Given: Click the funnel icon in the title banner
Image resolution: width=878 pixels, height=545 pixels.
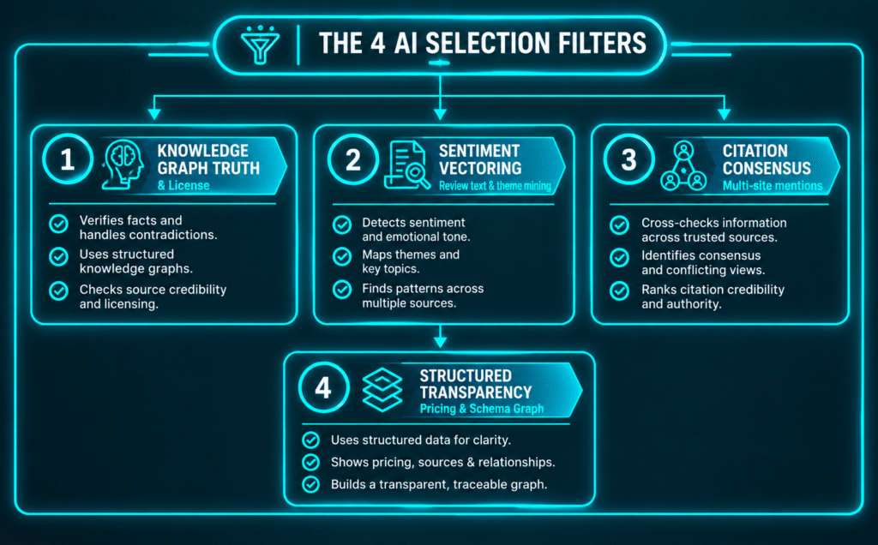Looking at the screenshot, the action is coord(260,44).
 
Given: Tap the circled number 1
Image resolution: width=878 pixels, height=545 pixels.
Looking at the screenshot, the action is coord(68,159).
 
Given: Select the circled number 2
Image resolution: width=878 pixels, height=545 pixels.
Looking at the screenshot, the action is coord(352,159).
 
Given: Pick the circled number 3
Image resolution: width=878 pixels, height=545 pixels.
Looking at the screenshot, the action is coord(628,159).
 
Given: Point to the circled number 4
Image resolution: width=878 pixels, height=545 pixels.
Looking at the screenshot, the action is coord(323,387).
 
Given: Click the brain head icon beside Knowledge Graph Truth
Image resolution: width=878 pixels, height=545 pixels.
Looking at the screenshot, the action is coord(123,165).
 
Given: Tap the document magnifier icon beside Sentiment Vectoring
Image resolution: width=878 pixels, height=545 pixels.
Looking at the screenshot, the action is coord(407,165).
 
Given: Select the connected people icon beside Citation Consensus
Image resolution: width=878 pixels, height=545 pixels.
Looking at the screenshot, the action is coord(683,166).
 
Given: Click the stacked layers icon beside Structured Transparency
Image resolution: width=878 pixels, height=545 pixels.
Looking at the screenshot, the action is coord(382,389).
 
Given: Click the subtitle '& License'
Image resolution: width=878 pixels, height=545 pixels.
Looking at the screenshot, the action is coord(183,185).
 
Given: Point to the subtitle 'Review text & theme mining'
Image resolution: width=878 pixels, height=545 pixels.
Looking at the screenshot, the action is coord(495,186).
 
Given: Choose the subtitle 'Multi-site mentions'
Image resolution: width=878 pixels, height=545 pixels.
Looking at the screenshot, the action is coord(773,186).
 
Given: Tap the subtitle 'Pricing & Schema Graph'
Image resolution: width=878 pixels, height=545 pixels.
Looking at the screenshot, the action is coord(482,409).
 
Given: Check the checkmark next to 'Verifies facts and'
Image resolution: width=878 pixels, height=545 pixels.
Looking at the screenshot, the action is coord(59,224).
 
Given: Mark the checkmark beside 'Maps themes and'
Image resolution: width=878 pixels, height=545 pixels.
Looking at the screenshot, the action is coord(342,257).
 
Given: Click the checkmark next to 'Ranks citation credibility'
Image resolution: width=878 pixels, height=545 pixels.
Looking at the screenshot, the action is coord(619,291).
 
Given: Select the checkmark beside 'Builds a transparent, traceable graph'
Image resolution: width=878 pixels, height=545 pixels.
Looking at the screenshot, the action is coord(310,484).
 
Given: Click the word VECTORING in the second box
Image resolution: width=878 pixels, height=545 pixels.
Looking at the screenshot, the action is coord(480,168).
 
